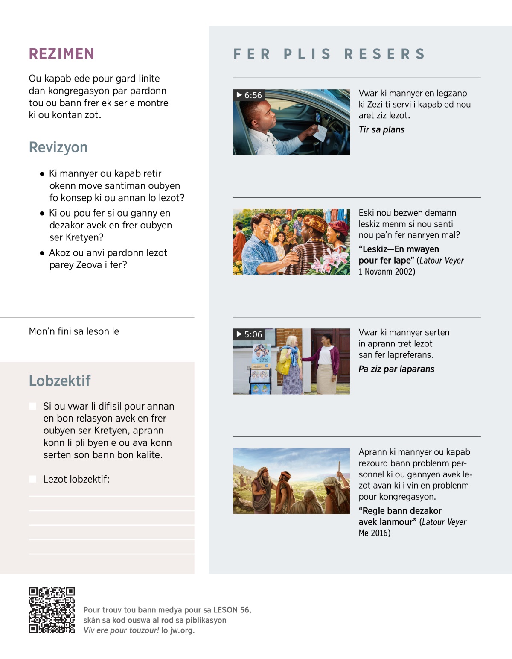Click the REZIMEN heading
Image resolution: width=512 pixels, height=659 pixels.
[61, 54]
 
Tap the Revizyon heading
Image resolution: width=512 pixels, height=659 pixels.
[58, 147]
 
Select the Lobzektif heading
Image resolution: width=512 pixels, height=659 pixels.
[60, 381]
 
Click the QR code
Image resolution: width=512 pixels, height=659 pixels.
[52, 610]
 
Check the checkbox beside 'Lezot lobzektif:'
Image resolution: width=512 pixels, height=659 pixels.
[32, 479]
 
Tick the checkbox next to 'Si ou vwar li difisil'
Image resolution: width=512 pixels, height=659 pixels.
[32, 406]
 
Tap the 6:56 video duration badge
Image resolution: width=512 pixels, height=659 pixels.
[249, 95]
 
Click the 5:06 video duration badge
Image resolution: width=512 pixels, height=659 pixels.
[249, 334]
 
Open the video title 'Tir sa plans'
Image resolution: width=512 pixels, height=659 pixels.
[381, 130]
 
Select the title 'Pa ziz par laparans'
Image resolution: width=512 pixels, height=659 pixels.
[396, 369]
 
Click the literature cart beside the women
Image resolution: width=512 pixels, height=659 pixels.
[260, 369]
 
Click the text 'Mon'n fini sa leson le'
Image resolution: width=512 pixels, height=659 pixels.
[74, 331]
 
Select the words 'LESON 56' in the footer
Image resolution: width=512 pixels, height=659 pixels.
[231, 610]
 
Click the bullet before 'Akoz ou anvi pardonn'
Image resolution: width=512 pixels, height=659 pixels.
[42, 253]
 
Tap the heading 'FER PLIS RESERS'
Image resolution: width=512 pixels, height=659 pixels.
[329, 54]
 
